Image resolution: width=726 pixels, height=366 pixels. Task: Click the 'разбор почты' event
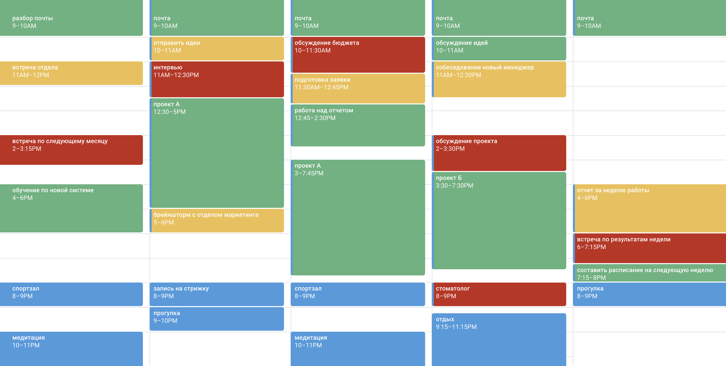(71, 17)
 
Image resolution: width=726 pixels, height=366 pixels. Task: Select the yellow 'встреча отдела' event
(71, 73)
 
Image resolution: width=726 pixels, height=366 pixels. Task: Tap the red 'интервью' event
(217, 79)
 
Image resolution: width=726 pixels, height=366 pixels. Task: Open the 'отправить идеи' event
(217, 49)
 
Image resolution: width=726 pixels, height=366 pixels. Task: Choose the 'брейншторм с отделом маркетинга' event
(217, 221)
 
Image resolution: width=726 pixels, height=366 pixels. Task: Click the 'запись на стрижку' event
(217, 294)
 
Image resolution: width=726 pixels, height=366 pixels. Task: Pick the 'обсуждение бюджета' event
(358, 55)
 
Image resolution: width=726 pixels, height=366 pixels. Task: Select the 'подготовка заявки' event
(358, 89)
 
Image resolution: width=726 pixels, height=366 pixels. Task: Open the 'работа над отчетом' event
(358, 126)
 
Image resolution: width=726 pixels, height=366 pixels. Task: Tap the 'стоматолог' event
(499, 294)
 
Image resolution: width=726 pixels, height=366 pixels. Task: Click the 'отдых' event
(499, 340)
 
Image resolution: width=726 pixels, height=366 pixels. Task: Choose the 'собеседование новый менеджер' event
(499, 79)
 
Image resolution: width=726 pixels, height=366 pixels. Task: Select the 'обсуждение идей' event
(499, 49)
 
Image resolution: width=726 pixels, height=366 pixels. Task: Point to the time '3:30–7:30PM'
(454, 186)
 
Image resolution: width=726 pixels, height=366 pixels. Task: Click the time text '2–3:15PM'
(27, 149)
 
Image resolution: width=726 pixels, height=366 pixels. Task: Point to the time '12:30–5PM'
(169, 112)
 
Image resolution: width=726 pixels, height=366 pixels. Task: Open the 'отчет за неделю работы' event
(650, 208)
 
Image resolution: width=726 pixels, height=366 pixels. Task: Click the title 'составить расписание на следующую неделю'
(645, 270)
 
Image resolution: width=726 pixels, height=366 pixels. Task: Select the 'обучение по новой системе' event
(71, 208)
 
